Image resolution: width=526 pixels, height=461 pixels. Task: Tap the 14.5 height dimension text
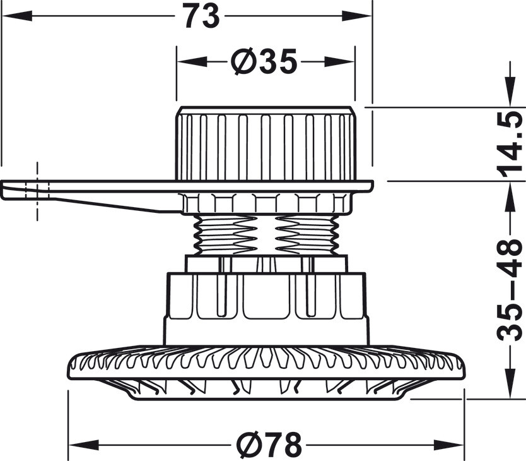[511, 144]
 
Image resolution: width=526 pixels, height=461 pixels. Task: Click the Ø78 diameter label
[269, 445]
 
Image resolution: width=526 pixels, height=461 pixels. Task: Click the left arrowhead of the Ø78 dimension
[82, 445]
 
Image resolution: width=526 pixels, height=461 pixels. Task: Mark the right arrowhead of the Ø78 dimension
[449, 445]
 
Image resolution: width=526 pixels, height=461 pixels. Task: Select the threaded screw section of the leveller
[265, 234]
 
